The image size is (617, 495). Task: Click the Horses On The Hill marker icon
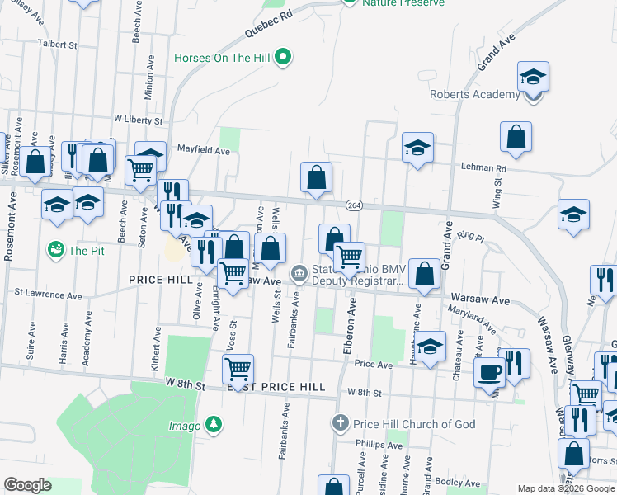pos(283,58)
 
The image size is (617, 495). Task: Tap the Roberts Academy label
pos(474,94)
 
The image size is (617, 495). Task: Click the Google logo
pos(27,485)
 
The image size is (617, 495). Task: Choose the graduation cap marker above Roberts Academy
pos(534,77)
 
